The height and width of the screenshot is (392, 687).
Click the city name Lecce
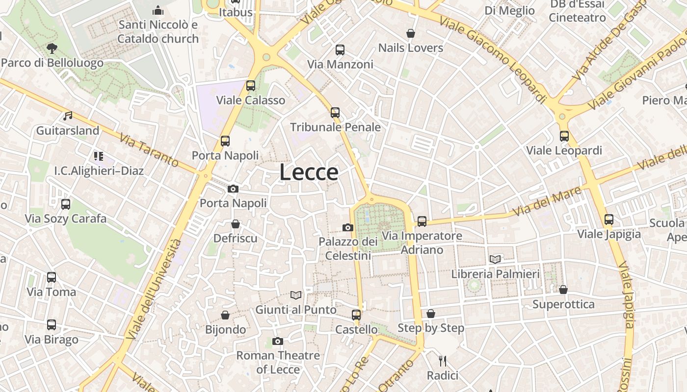pos(309,172)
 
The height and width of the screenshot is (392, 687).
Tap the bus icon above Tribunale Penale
pos(335,113)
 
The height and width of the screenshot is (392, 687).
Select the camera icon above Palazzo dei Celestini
pos(348,227)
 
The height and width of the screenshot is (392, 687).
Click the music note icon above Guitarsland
pos(68,116)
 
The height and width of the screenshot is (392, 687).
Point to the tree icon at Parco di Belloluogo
pos(52,49)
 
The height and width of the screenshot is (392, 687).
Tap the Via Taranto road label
pos(149,150)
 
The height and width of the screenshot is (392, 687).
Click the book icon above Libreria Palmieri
pos(495,260)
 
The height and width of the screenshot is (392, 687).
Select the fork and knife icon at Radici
pos(443,361)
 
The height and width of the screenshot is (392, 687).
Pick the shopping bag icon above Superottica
pos(563,290)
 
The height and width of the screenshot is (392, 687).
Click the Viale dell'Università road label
pos(154,289)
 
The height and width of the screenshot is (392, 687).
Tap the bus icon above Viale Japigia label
pos(609,220)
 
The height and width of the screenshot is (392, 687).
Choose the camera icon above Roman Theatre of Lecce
pos(278,341)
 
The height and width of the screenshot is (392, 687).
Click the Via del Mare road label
pos(549,201)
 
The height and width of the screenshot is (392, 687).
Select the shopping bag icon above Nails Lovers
pos(411,33)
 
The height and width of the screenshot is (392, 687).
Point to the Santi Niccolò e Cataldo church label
pos(158,31)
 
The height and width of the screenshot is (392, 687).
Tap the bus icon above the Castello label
pos(356,315)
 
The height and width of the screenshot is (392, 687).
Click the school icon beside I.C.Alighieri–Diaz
pos(98,156)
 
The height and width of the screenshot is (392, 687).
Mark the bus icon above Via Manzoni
pos(340,50)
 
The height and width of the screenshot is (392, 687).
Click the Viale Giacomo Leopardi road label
pos(493,59)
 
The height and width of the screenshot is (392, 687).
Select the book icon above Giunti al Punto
pos(296,295)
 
